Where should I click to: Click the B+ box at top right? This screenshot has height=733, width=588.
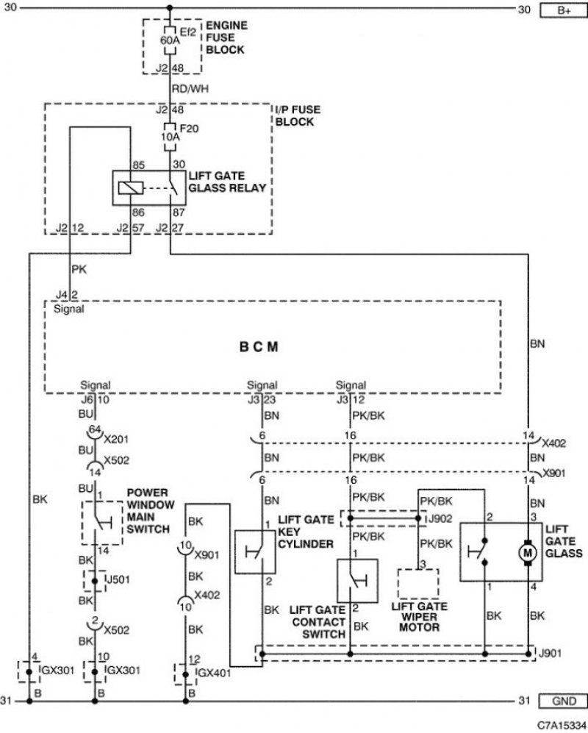coord(563,10)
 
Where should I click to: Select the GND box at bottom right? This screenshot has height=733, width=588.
coord(563,701)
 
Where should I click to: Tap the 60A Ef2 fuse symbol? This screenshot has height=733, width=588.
coord(170,40)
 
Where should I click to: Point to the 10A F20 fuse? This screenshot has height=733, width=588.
coord(170,137)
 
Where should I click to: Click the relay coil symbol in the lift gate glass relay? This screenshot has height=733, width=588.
coord(127,188)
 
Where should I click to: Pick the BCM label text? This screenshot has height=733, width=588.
coord(259,347)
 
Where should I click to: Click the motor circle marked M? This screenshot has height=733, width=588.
coord(528,553)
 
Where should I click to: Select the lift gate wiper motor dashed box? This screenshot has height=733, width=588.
coord(418,584)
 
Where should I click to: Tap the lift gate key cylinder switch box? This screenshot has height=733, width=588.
coord(255,552)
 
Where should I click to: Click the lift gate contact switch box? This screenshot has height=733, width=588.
coord(357,581)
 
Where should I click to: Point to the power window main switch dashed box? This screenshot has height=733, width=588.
coord(102,523)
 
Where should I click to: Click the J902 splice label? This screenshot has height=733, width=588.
coord(440,518)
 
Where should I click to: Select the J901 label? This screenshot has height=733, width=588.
coord(550,653)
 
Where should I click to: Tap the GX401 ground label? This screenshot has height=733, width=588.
coord(214,673)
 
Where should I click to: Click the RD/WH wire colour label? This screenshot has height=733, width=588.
coord(190,89)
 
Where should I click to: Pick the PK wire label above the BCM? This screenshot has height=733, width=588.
coord(79,270)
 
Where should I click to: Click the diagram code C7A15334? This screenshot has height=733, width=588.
coord(562,725)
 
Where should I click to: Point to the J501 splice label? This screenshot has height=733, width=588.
coord(118,579)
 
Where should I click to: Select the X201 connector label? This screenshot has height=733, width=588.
coord(116,440)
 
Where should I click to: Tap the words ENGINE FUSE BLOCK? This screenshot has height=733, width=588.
coord(226,37)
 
